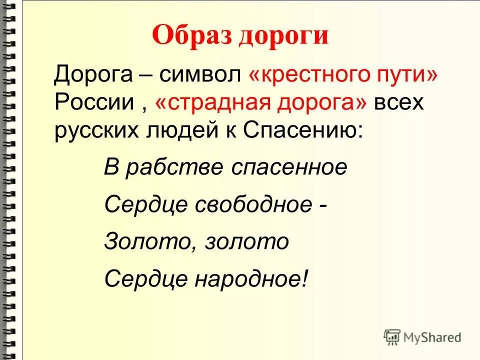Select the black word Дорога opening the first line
[93, 76]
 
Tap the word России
[94, 103]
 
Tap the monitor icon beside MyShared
[392, 336]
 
